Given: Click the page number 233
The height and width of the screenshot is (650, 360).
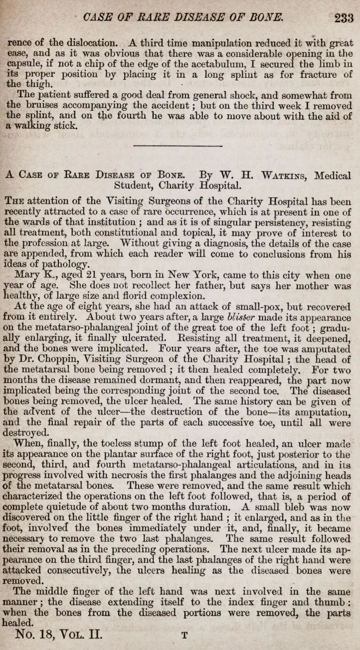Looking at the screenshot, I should pyautogui.click(x=344, y=18).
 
